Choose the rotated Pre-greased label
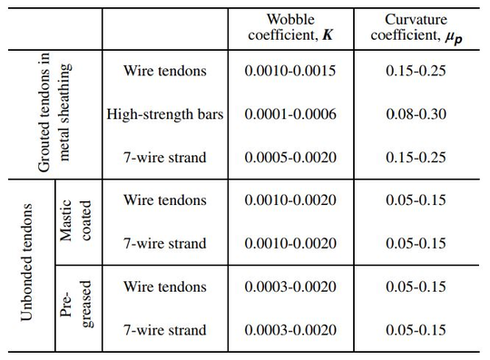coord(74,308)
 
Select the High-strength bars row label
coord(165,114)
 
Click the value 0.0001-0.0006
coord(290,114)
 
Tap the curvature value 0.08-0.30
coord(413,114)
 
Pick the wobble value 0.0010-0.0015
coord(290,71)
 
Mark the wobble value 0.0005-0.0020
coord(290,158)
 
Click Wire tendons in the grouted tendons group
coord(165,71)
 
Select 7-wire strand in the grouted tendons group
coord(165,158)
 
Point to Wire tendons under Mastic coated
coord(165,200)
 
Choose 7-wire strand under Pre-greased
coord(165,330)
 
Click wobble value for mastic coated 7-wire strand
coord(290,244)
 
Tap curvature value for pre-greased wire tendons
coord(413,287)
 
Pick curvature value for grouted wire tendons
coord(413,71)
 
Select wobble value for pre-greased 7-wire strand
coord(290,330)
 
